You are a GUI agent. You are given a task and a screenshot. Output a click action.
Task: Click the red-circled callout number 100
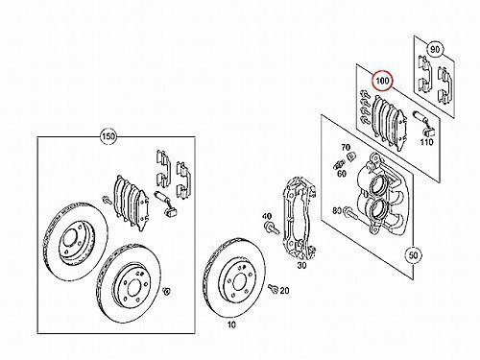[x=383, y=81]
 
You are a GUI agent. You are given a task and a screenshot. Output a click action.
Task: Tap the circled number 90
[x=435, y=50]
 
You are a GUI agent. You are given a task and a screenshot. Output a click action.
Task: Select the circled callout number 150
[x=108, y=137]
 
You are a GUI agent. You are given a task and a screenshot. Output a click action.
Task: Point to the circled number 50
[x=414, y=255]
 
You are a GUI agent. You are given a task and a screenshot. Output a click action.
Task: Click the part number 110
[x=426, y=142]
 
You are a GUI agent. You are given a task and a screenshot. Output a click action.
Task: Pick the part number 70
[x=346, y=148]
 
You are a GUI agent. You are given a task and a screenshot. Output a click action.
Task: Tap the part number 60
[x=342, y=174]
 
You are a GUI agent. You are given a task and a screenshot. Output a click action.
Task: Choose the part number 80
[x=337, y=210]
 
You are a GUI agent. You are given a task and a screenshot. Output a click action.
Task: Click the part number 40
[x=267, y=216]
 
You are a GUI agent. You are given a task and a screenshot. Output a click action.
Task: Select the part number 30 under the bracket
[x=301, y=265]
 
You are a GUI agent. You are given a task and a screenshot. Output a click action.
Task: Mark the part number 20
[x=284, y=291]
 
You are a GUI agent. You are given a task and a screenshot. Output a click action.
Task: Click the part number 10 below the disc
[x=231, y=324]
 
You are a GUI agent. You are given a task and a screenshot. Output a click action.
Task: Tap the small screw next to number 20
[x=274, y=288]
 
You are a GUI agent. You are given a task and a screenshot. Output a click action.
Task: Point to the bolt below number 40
[x=272, y=228]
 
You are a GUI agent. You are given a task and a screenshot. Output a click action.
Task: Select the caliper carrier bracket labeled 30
[x=300, y=219]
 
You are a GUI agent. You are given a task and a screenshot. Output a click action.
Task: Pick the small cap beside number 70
[x=351, y=156]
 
